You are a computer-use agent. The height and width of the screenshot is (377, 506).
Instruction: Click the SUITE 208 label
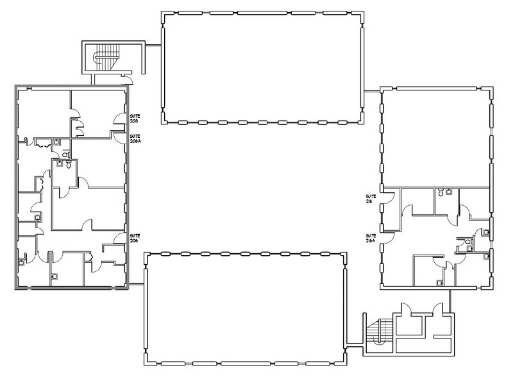(135, 118)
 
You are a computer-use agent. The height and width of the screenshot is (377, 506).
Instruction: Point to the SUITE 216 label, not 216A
(369, 198)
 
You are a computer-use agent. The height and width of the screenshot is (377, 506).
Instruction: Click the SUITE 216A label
(370, 238)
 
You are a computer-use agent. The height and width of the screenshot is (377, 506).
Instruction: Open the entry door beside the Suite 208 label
(120, 117)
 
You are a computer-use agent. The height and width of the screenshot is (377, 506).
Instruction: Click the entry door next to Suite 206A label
(119, 134)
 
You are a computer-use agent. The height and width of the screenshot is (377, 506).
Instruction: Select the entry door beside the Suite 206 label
(120, 239)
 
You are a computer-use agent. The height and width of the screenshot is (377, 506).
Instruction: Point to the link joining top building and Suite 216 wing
(372, 92)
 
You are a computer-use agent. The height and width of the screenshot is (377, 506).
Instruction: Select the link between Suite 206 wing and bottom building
(136, 282)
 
